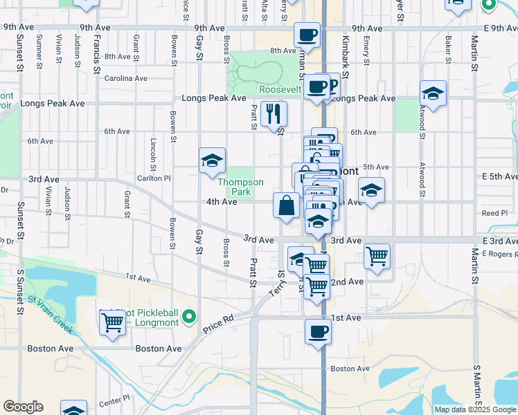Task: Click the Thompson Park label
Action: [240, 187]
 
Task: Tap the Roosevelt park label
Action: [280, 89]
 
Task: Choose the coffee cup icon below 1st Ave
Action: [319, 331]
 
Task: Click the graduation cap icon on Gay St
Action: [212, 161]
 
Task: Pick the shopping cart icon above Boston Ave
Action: [112, 322]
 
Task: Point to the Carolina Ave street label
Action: [126, 78]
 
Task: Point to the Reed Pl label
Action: [495, 213]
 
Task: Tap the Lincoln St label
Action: [154, 156]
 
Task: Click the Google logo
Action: [23, 407]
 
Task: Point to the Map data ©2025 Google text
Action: [475, 409]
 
